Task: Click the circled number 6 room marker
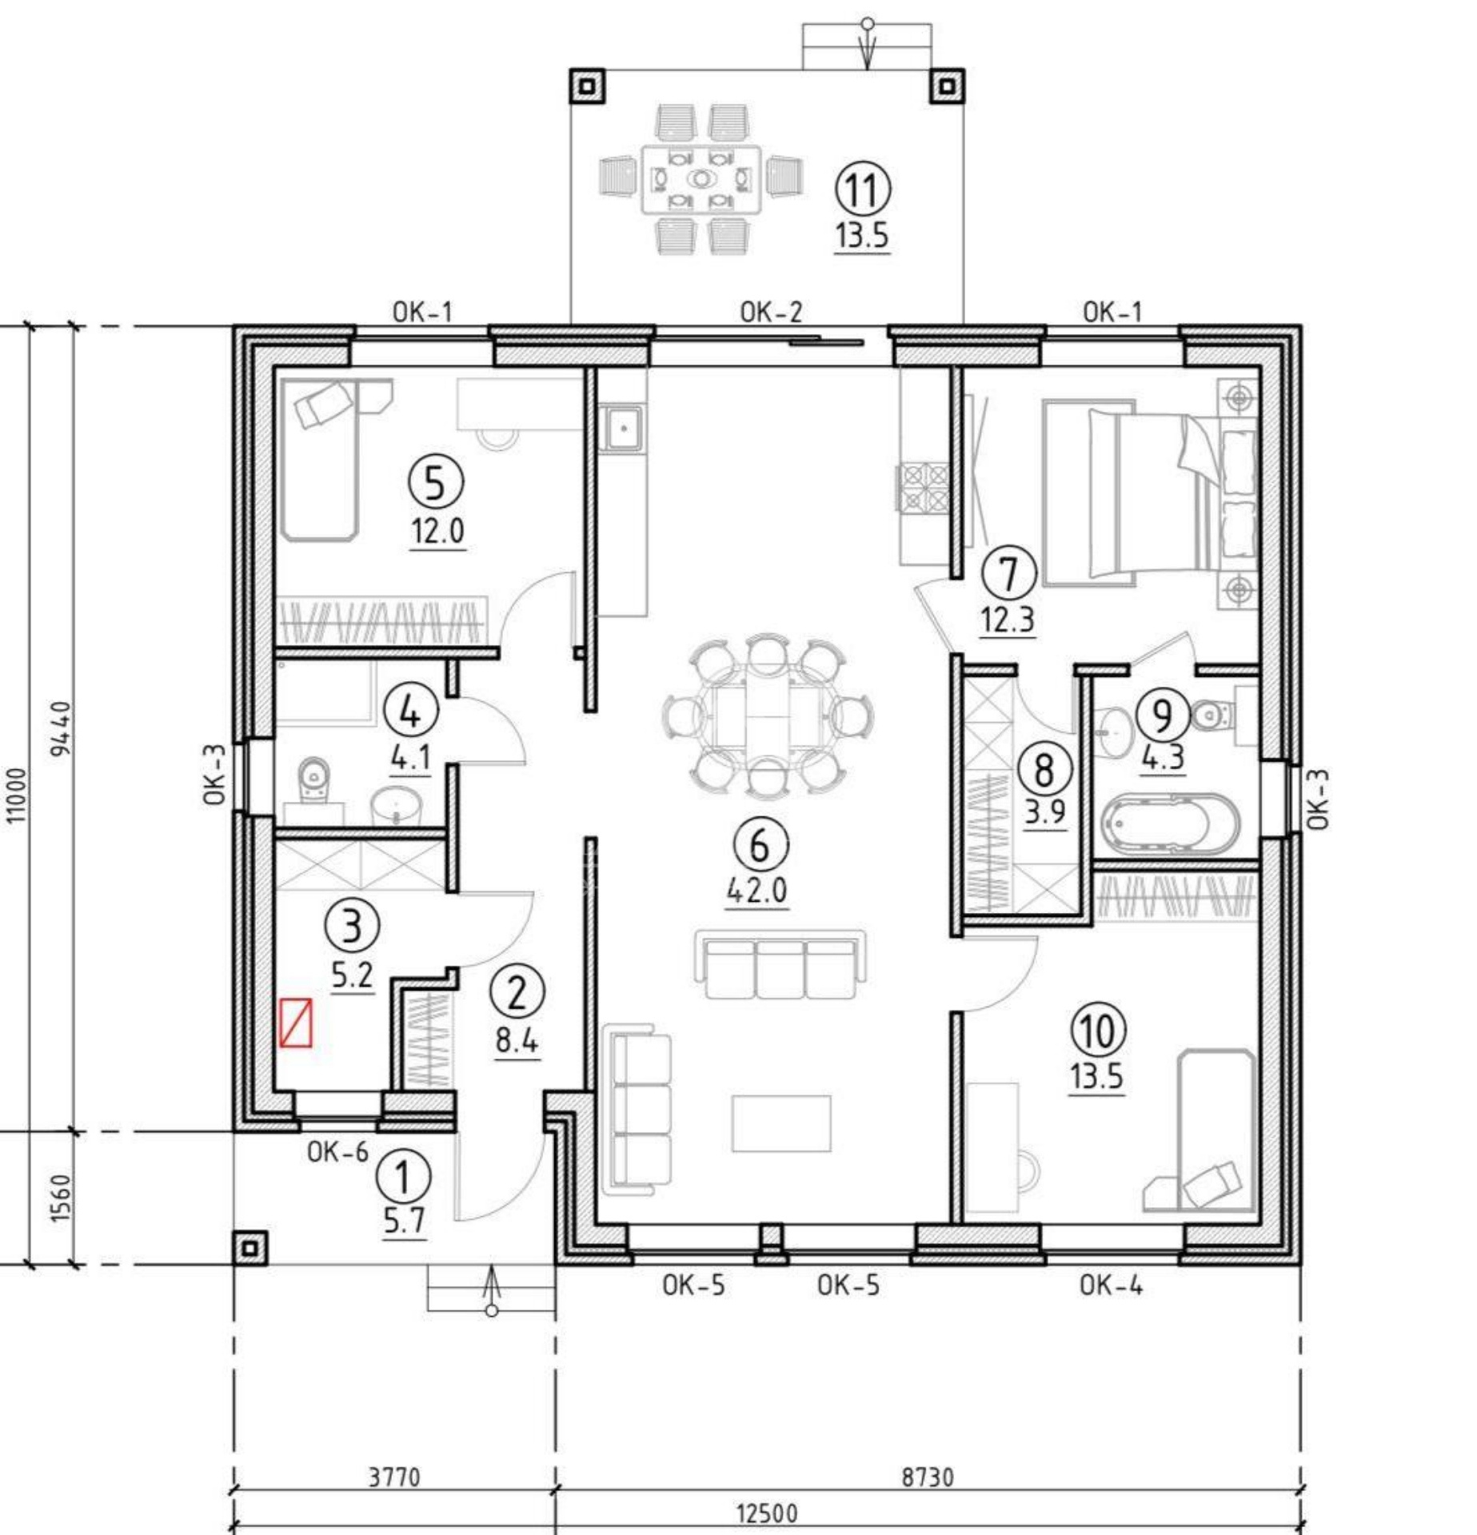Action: click(x=760, y=844)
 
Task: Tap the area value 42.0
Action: click(x=757, y=890)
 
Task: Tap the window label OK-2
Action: click(x=771, y=312)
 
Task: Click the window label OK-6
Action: click(x=337, y=1152)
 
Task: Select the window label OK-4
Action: click(x=1111, y=1285)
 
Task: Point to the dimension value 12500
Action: click(x=766, y=1513)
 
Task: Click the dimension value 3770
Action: click(x=393, y=1477)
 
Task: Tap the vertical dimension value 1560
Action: click(x=61, y=1198)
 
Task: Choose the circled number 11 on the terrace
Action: click(x=863, y=189)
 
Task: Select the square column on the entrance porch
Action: click(x=250, y=1247)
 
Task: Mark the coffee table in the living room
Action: click(x=781, y=1123)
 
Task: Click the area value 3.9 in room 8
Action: click(x=1045, y=812)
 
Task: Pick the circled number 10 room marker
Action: click(x=1098, y=1031)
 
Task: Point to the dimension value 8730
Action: click(x=928, y=1477)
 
